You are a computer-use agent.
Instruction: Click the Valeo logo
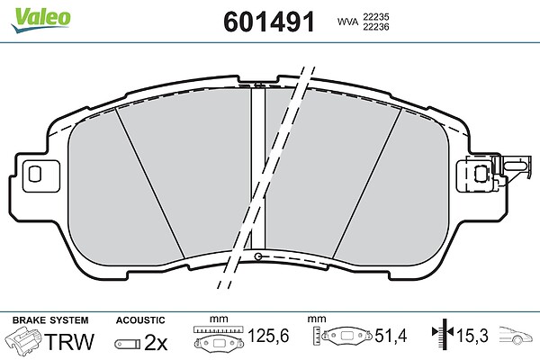pyautogui.click(x=40, y=19)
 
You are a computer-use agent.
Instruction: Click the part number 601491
pyautogui.click(x=269, y=22)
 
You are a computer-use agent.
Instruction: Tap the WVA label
pyautogui.click(x=347, y=22)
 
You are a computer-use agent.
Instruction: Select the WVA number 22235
pyautogui.click(x=376, y=16)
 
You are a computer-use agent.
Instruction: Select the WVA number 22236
pyautogui.click(x=376, y=27)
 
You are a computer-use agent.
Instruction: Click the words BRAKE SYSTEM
pyautogui.click(x=50, y=320)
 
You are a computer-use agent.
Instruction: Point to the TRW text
pyautogui.click(x=69, y=341)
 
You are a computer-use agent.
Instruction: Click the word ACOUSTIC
pyautogui.click(x=140, y=320)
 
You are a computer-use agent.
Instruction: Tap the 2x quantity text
pyautogui.click(x=156, y=342)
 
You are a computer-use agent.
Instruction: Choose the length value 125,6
pyautogui.click(x=268, y=336)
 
